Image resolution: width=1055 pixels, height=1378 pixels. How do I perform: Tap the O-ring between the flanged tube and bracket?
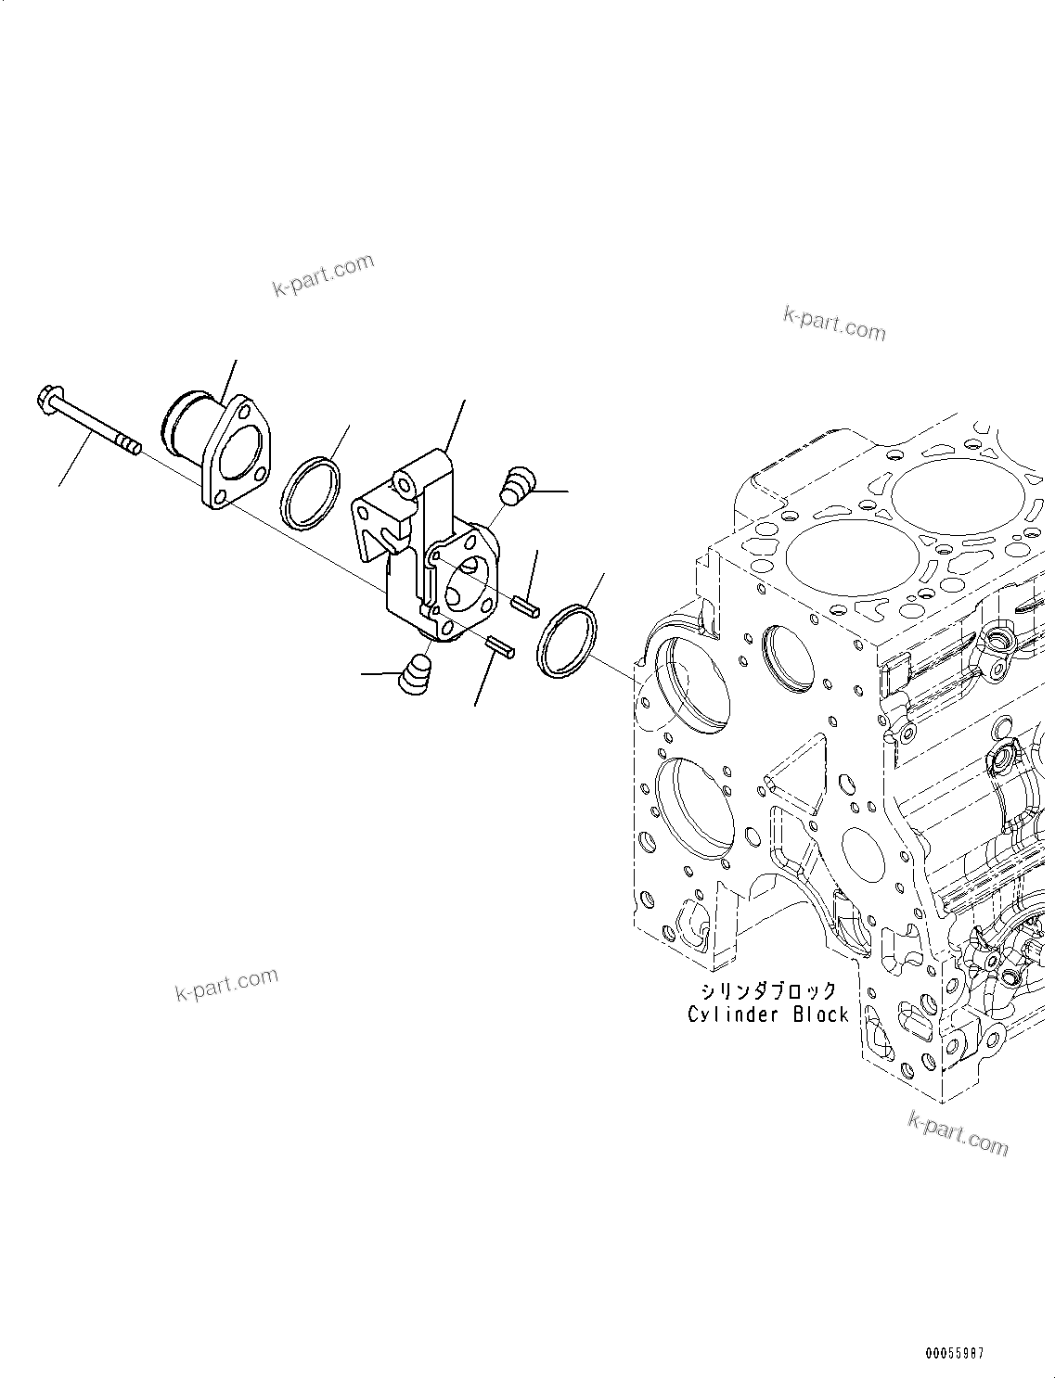(310, 493)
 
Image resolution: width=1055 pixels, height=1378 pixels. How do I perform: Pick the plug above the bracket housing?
(517, 486)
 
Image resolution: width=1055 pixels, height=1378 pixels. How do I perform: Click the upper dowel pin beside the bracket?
(525, 605)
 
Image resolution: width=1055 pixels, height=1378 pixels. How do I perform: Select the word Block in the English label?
(820, 1014)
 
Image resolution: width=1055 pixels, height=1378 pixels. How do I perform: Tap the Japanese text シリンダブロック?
(768, 991)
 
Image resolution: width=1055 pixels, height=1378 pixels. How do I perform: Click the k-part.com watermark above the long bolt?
(323, 274)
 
